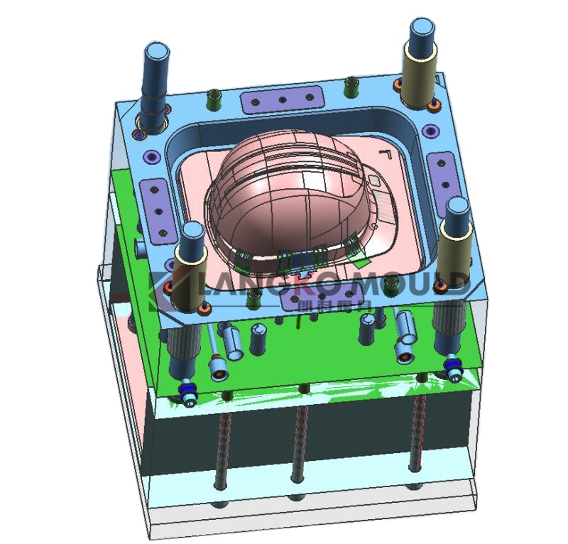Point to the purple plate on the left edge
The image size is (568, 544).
pyautogui.click(x=155, y=202)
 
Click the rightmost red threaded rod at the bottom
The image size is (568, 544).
pyautogui.click(x=420, y=433)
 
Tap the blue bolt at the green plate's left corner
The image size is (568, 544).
pyautogui.click(x=188, y=393)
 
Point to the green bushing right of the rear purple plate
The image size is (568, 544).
pyautogui.click(x=349, y=86)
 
